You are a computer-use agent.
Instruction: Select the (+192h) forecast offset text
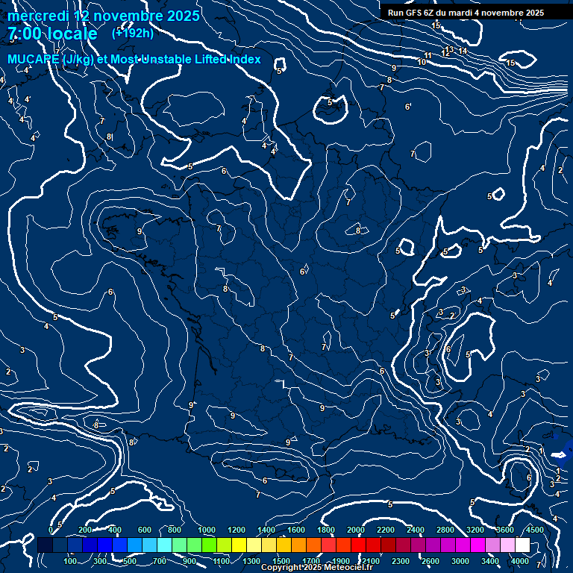pyautogui.click(x=133, y=33)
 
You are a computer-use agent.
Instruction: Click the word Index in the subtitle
pyautogui.click(x=243, y=59)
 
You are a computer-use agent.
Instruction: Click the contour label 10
pyautogui.click(x=422, y=62)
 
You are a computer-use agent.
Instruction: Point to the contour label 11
pyautogui.click(x=428, y=56)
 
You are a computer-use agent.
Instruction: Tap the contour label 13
pyautogui.click(x=449, y=49)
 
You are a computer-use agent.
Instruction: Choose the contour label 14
pyautogui.click(x=463, y=51)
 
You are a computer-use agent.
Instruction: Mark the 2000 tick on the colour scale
pyautogui.click(x=356, y=530)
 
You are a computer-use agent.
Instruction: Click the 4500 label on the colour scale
pyautogui.click(x=534, y=530)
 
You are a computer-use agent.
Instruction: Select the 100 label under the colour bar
pyautogui.click(x=72, y=561)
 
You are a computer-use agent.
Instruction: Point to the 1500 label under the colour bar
pyautogui.click(x=281, y=561)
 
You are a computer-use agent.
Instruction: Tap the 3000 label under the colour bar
pyautogui.click(x=460, y=561)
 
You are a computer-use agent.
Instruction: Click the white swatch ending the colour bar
pyautogui.click(x=522, y=545)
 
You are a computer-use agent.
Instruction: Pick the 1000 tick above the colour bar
pyautogui.click(x=207, y=530)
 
